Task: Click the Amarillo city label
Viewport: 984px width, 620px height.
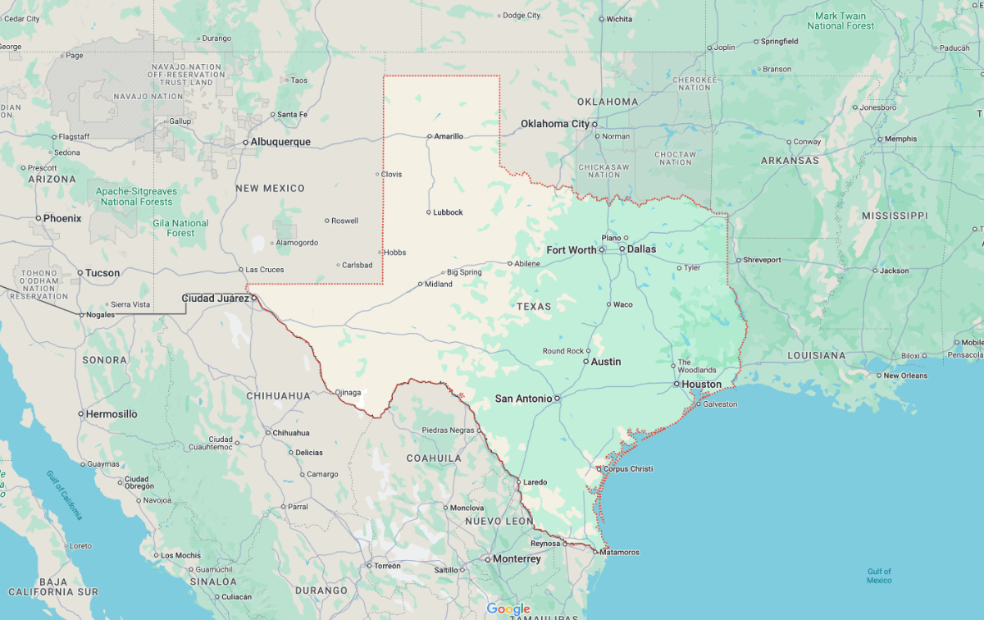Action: click(x=449, y=136)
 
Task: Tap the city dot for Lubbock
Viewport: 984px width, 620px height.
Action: click(x=428, y=212)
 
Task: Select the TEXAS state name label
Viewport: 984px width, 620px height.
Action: click(x=534, y=306)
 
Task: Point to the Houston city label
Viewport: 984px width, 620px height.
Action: click(x=702, y=384)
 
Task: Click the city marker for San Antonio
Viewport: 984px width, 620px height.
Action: click(x=557, y=399)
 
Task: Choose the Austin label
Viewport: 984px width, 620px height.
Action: click(x=606, y=362)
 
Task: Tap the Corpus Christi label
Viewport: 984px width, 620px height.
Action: click(x=629, y=469)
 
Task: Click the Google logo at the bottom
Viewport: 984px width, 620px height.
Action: click(x=508, y=609)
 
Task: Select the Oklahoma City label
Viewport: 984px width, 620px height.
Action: click(x=555, y=124)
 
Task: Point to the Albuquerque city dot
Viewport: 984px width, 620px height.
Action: click(x=245, y=142)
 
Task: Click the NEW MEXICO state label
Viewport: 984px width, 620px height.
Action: click(x=270, y=189)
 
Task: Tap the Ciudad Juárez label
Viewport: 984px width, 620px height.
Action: click(x=215, y=298)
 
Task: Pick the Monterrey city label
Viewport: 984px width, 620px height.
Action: click(x=517, y=558)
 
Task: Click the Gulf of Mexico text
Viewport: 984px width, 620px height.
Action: click(x=879, y=576)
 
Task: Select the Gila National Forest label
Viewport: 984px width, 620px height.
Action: click(x=180, y=228)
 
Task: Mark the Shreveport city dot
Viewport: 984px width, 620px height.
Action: click(x=737, y=260)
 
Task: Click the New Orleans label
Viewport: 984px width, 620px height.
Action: click(x=905, y=376)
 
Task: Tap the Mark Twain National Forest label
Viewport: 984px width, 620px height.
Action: click(x=841, y=21)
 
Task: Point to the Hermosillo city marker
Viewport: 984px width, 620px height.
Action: click(x=81, y=414)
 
